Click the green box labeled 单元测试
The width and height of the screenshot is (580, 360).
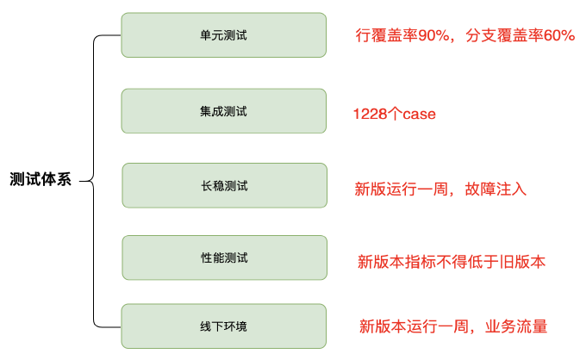click(224, 35)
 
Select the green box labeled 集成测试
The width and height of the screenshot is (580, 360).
click(224, 111)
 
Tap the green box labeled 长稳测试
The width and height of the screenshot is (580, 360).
click(224, 185)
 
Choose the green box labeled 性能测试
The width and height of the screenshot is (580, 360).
click(224, 258)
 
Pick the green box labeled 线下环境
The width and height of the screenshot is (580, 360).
click(224, 326)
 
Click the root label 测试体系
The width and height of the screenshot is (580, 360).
click(41, 181)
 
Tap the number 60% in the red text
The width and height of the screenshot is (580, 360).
click(558, 36)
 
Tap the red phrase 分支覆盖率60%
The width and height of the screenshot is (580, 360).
click(520, 36)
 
